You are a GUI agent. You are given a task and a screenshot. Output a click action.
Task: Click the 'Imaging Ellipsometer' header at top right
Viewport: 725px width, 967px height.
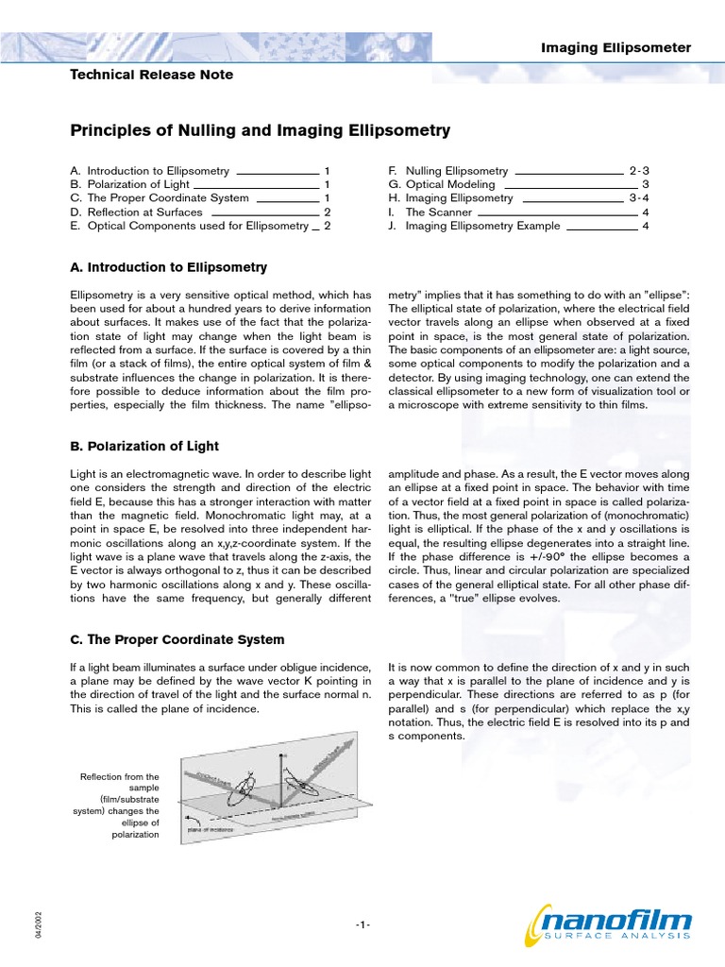coord(615,47)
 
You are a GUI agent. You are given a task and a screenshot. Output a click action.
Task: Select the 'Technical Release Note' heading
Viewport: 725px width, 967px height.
coord(152,75)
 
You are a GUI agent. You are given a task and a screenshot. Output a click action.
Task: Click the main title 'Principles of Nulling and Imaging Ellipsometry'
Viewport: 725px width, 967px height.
coord(261,130)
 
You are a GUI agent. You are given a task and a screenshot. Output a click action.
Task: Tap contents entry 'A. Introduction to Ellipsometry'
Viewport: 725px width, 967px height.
coord(150,171)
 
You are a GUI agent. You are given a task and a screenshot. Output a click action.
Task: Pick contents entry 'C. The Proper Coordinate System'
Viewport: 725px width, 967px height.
coord(160,198)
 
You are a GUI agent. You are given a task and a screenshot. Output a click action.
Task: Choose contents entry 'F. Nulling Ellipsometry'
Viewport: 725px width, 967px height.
coord(448,171)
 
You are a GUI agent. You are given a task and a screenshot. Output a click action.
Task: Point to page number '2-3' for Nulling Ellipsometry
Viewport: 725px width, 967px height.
coord(639,171)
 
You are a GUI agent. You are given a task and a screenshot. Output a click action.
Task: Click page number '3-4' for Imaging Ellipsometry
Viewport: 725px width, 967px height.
coord(639,198)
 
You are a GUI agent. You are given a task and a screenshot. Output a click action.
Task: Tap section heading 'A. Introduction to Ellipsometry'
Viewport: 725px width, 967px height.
coord(169,267)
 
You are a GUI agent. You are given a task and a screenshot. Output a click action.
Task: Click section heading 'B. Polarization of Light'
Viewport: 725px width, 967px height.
coord(144,446)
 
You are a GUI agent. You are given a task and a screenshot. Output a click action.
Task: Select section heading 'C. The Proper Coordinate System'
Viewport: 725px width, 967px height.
coord(177,639)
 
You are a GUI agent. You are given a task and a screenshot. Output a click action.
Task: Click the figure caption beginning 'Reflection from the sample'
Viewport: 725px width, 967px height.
coord(120,806)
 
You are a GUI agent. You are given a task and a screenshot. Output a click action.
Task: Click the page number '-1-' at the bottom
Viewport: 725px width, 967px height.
coord(362,925)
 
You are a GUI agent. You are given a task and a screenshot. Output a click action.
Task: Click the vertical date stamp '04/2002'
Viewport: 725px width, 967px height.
coord(40,925)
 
